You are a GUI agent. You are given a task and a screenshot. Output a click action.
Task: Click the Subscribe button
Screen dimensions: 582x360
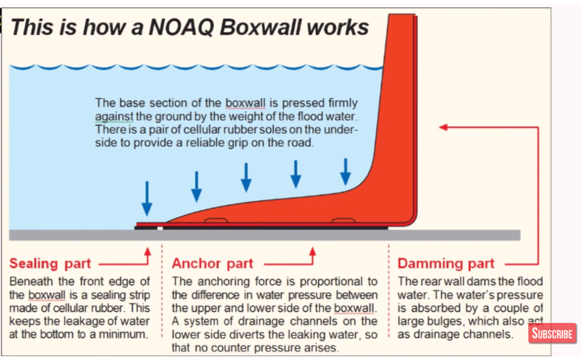point(552,333)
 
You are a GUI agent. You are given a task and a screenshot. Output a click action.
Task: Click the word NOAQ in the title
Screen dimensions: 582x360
point(182,27)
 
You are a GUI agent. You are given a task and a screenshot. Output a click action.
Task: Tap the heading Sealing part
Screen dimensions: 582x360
point(50,263)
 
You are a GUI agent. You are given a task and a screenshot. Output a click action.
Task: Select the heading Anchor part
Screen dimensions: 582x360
point(212,263)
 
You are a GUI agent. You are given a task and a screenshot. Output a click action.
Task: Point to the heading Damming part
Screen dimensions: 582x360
point(446,263)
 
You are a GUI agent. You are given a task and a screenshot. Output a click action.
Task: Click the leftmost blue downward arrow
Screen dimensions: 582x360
point(147,198)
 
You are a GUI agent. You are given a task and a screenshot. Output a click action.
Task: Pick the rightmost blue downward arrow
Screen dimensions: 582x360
point(346,172)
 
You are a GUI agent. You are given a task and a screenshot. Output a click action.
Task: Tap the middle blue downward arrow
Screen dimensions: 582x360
point(246,177)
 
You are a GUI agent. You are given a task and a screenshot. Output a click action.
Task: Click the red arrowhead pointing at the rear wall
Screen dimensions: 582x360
point(443,127)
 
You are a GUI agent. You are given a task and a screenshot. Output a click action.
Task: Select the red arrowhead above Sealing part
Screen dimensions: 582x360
point(148,252)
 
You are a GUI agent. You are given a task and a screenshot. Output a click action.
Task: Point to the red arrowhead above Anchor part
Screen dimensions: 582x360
point(313,252)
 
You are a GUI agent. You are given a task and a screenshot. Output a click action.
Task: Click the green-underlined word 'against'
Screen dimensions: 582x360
point(114,116)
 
